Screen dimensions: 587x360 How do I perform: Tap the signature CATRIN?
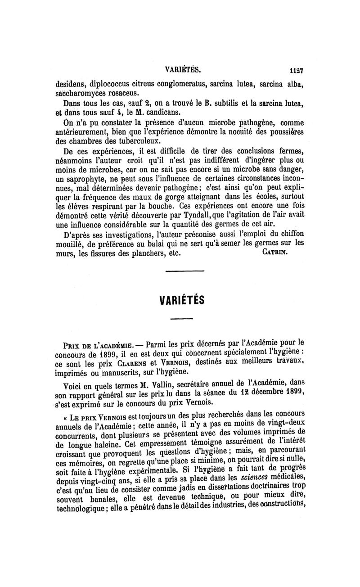(274, 252)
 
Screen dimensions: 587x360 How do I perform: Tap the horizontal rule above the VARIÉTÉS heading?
(184, 271)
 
